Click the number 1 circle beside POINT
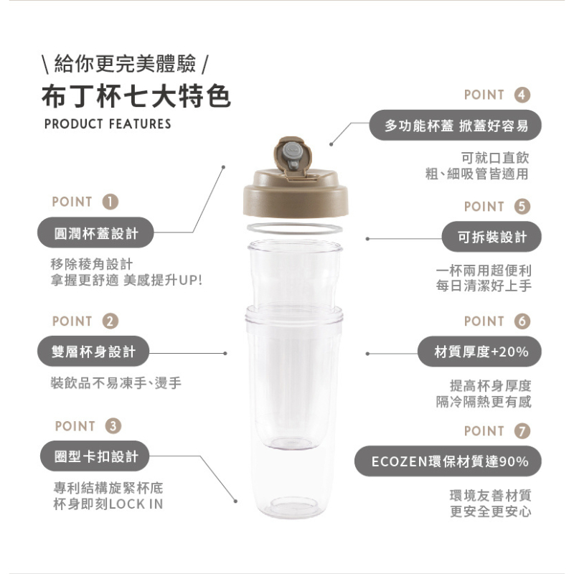[x=110, y=202]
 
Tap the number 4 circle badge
[x=522, y=95]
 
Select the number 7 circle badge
[x=522, y=431]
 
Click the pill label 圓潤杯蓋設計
[x=95, y=232]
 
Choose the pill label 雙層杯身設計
[x=93, y=351]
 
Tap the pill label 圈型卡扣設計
[x=95, y=456]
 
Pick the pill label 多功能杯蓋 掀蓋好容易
[x=455, y=125]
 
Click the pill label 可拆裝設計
[x=491, y=237]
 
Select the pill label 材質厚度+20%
[x=479, y=352]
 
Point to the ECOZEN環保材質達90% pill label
[x=448, y=461]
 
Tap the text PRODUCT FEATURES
[x=108, y=124]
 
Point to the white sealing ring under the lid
[x=295, y=228]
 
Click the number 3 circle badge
[x=113, y=426]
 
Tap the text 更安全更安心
[x=491, y=512]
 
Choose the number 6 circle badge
[x=522, y=321]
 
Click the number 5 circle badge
[x=522, y=207]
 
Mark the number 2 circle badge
[x=110, y=321]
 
